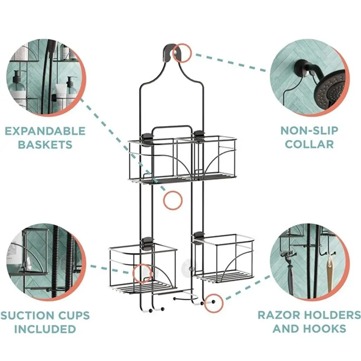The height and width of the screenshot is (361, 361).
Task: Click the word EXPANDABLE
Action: click(45, 131)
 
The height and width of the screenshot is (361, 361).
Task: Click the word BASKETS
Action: click(45, 145)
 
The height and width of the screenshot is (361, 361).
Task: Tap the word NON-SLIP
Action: click(309, 131)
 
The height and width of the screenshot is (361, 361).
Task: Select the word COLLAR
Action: click(309, 144)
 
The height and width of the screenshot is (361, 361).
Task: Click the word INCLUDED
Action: click(45, 329)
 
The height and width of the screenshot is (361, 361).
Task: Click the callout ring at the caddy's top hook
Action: click(182, 53)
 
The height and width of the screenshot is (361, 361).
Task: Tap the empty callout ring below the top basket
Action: click(173, 200)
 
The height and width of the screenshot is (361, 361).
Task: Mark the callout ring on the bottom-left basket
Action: click(142, 273)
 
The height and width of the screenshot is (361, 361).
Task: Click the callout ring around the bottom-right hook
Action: click(214, 303)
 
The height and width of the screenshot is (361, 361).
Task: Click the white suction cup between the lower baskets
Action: click(186, 268)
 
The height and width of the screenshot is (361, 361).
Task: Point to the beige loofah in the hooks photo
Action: click(330, 276)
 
